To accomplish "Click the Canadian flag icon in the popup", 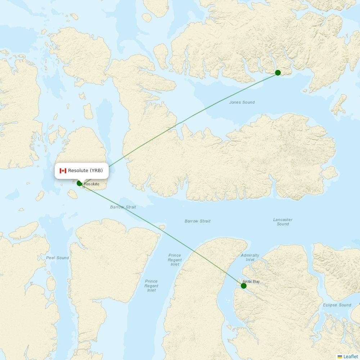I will [x=63, y=171].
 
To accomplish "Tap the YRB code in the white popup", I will [x=96, y=171].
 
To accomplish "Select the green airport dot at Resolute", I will [x=79, y=183].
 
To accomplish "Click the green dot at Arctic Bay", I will [x=244, y=286].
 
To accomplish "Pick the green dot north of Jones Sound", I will [x=278, y=73].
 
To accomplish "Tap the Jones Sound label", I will [x=242, y=103].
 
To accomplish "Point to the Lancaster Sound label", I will [x=283, y=222].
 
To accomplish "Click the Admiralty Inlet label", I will [x=250, y=257].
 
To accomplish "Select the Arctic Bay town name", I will [x=251, y=282].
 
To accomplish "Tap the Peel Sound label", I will [x=58, y=258].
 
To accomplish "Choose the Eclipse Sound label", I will [x=337, y=305].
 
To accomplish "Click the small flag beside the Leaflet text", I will [x=340, y=356].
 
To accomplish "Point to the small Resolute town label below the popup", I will [x=92, y=184].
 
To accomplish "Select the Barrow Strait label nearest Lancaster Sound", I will [x=198, y=221].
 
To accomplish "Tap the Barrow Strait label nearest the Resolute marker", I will [x=123, y=207].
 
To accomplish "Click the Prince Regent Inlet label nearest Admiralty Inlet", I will [x=175, y=260].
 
